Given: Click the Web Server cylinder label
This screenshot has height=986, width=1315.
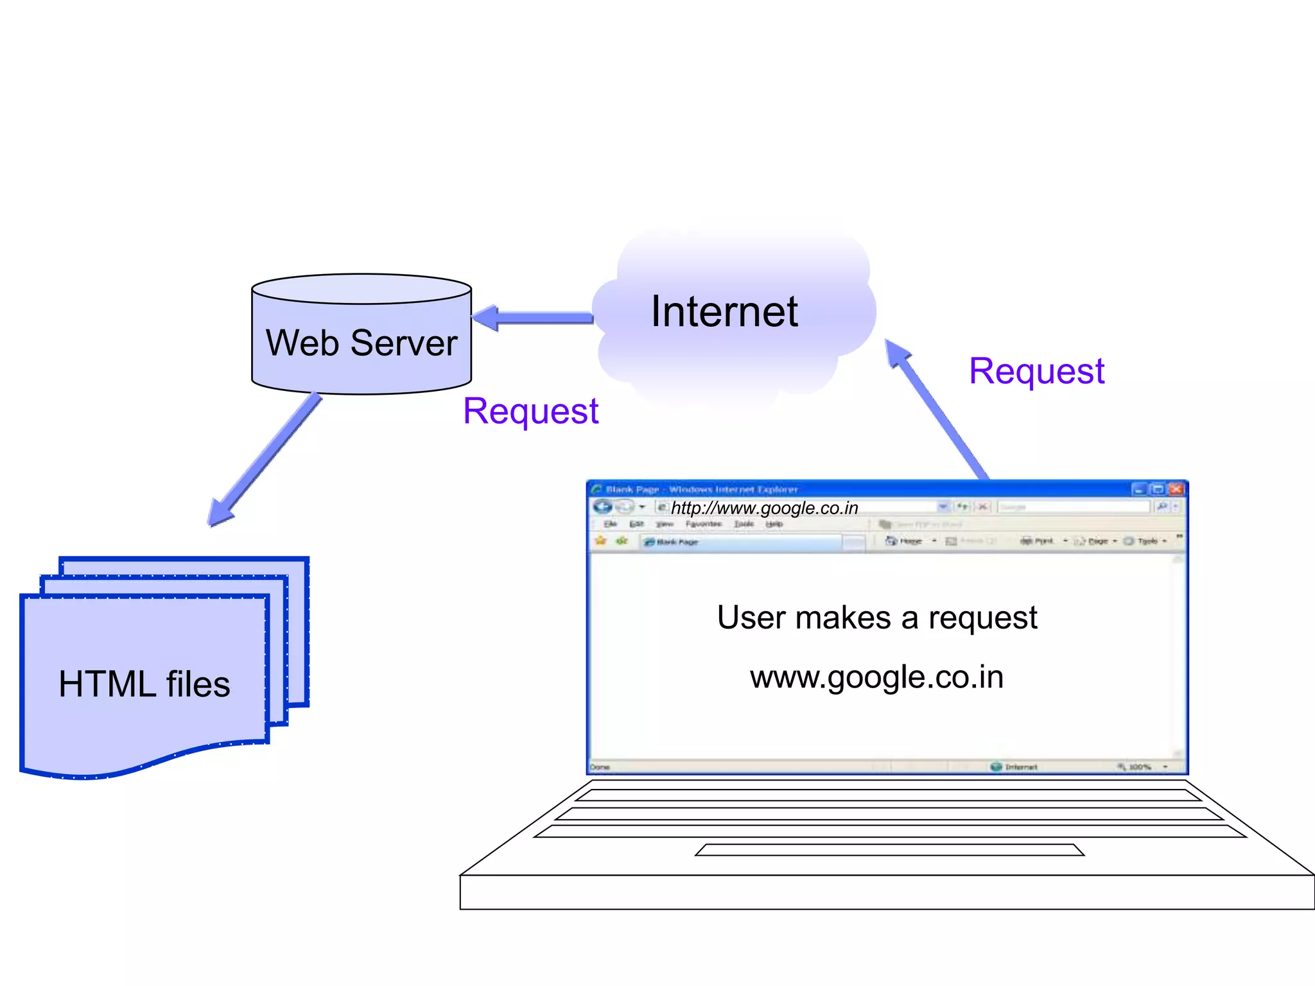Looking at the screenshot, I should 361,343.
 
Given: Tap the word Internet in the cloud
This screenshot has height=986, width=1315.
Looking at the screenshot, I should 724,312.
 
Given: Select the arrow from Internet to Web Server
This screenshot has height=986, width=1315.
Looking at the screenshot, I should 533,318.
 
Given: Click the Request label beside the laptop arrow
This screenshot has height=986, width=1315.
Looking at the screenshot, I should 1036,371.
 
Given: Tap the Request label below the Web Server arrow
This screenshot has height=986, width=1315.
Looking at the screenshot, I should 530,411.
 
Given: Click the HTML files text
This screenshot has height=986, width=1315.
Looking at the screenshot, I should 144,684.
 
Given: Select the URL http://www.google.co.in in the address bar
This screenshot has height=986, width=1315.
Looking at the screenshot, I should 764,508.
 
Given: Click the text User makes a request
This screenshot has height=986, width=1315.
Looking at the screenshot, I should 876,618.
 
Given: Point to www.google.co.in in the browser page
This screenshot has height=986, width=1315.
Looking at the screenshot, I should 876,677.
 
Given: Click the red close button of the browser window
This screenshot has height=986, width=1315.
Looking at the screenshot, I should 1176,489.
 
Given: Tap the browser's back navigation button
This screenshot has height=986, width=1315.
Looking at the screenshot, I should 602,506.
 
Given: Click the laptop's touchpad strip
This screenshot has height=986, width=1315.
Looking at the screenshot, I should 889,850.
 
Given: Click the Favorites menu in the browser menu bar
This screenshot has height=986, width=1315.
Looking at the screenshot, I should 703,524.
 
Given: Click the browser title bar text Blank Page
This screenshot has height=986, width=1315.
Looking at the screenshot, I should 632,489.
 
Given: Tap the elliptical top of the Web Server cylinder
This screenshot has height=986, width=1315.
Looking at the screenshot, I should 361,289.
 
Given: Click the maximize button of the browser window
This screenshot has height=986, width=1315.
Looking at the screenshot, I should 1158,489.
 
